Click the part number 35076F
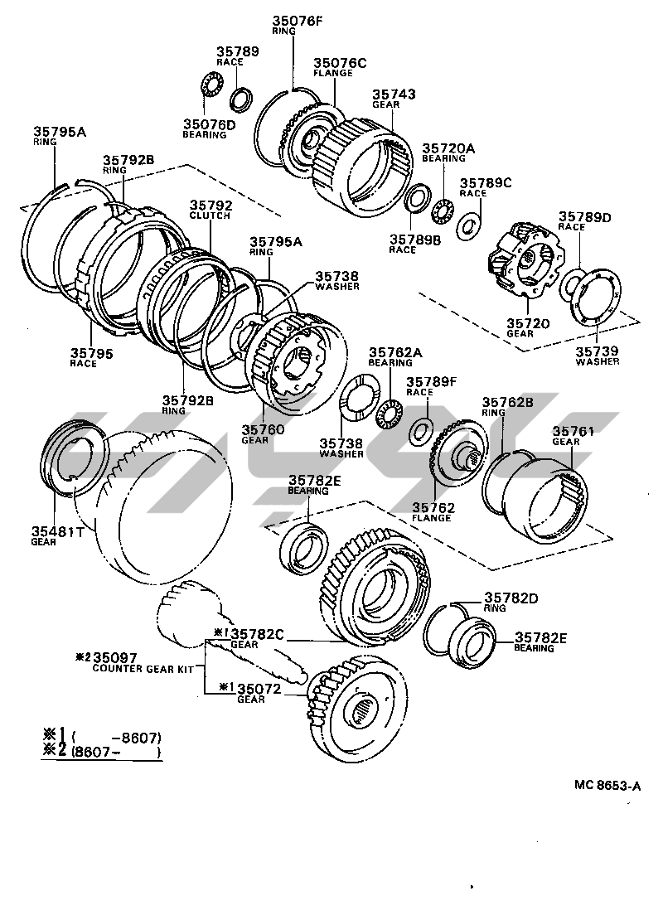coord(297,22)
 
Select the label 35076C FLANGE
coord(340,67)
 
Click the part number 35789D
coord(584,217)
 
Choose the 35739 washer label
coord(597,356)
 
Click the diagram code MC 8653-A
coord(607,785)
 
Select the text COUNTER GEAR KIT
coord(143,669)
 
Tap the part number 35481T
coord(58,531)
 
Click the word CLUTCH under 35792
coord(210,215)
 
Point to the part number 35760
coord(263,429)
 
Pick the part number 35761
coord(573,431)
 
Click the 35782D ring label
coord(511,603)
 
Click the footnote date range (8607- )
coord(115,752)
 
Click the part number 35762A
coord(394,352)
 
